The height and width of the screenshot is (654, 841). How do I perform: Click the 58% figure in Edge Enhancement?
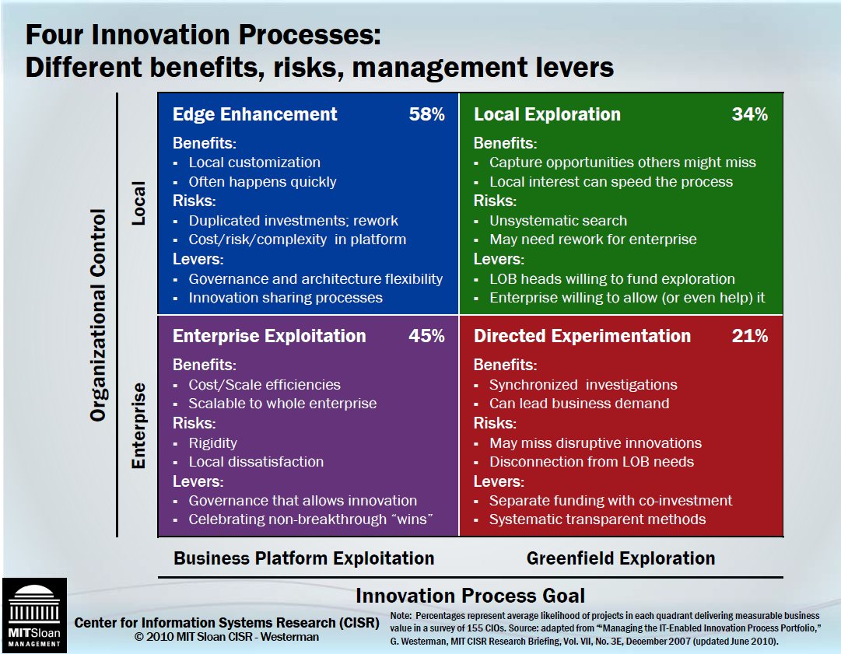tap(426, 114)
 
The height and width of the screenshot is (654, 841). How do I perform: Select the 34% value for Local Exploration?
tap(749, 114)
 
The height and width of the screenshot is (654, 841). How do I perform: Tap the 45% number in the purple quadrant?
tap(426, 336)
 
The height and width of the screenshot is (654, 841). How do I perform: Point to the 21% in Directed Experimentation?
tap(749, 336)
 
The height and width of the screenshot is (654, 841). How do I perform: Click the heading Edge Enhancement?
tap(254, 114)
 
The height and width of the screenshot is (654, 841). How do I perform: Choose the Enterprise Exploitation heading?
tap(268, 336)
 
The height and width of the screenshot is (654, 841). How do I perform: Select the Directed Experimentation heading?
tap(582, 336)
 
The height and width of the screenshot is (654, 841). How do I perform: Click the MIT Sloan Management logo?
tap(33, 614)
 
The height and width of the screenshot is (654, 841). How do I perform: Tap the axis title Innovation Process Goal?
tap(470, 596)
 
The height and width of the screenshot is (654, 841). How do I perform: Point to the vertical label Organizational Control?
tap(98, 314)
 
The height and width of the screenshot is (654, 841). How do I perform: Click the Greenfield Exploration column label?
tap(620, 558)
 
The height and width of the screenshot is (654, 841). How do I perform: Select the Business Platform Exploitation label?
tap(303, 558)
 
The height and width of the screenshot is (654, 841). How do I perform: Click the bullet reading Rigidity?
tap(212, 443)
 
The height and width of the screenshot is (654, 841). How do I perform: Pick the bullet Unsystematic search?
tap(558, 221)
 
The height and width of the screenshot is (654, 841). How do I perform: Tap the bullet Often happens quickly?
tap(262, 182)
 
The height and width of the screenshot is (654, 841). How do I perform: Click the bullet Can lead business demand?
tap(579, 404)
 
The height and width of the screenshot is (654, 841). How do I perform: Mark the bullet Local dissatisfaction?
tap(256, 462)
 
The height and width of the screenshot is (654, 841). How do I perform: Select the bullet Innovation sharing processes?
tap(286, 298)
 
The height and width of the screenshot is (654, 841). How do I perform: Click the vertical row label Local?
tap(138, 204)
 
